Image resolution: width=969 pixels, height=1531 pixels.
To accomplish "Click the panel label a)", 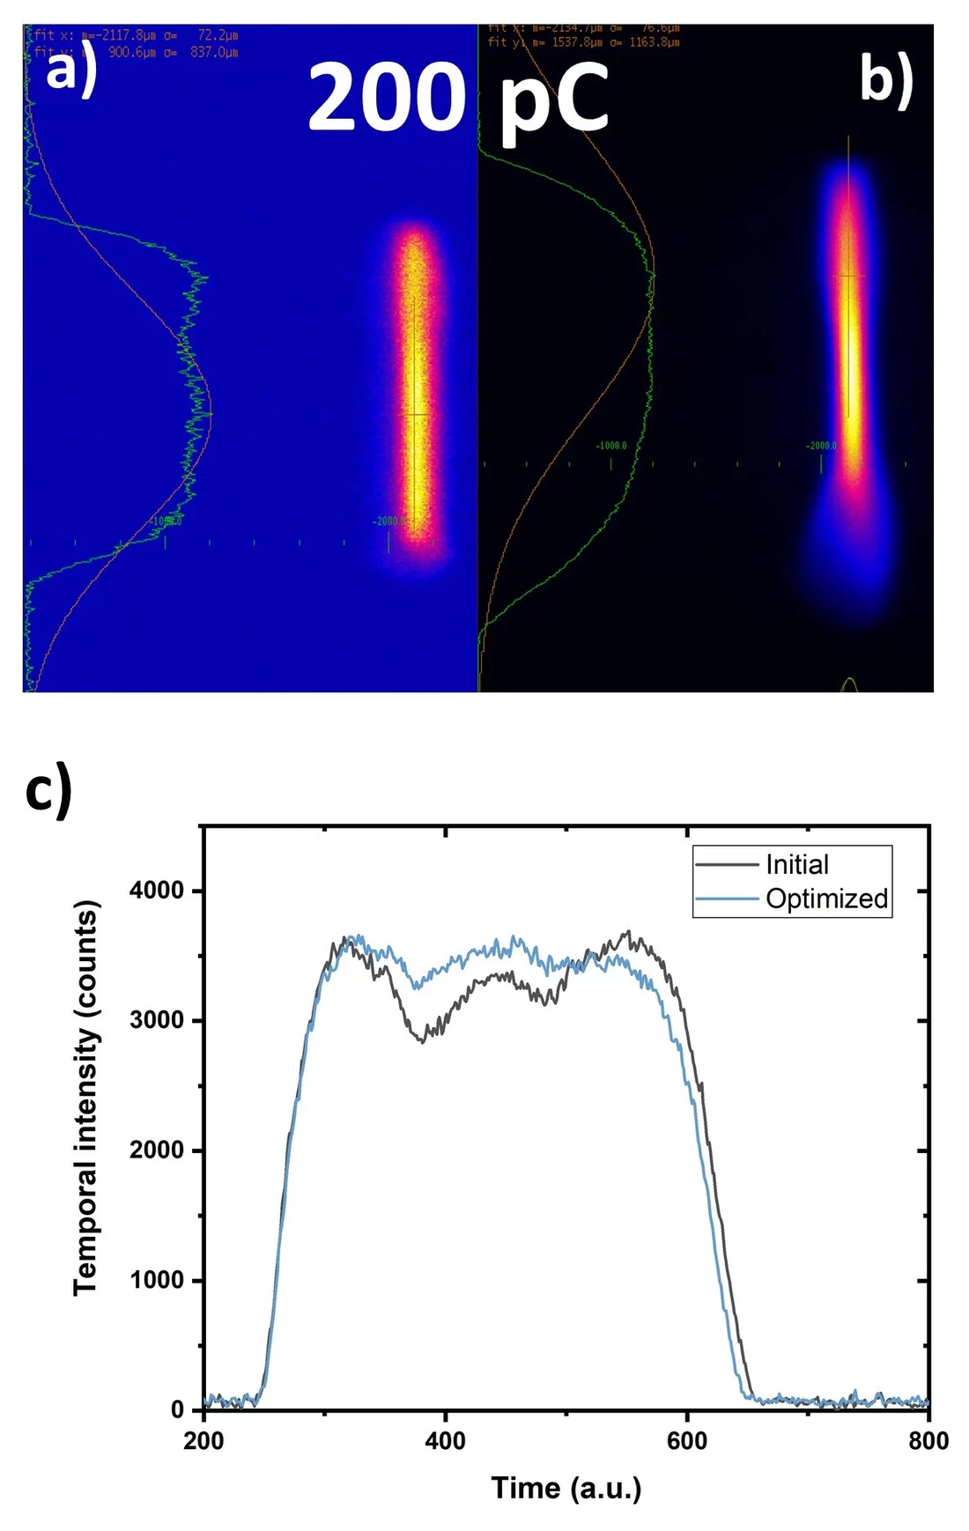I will (70, 70).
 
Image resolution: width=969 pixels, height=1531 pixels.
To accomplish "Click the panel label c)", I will (48, 790).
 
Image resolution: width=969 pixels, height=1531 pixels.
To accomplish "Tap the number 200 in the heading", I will (386, 99).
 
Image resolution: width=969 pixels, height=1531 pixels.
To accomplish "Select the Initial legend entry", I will (796, 864).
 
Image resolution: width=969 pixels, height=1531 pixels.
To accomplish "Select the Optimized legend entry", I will (826, 899).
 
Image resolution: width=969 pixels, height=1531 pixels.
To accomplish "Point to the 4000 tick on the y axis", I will (157, 891).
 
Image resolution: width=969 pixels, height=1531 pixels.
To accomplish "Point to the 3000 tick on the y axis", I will (157, 1020).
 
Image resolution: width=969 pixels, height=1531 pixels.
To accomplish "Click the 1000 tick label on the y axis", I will (157, 1280).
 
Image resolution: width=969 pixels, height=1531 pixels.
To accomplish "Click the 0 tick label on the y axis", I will (177, 1409).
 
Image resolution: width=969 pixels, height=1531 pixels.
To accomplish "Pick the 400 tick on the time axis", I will (445, 1441).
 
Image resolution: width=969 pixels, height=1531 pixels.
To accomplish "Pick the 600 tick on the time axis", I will (686, 1441).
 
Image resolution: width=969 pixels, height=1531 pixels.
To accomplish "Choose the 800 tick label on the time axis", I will (928, 1441).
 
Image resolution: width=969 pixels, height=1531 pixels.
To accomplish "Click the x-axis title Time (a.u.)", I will (566, 1488).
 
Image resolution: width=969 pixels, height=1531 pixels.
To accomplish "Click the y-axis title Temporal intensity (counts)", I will (85, 1097).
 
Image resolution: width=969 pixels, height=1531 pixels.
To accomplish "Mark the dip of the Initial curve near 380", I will (423, 1040).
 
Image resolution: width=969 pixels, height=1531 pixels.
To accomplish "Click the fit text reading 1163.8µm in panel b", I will (654, 42).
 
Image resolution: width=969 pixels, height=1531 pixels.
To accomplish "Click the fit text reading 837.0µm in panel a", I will (214, 53).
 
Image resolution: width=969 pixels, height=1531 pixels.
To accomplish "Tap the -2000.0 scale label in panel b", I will (821, 446).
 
